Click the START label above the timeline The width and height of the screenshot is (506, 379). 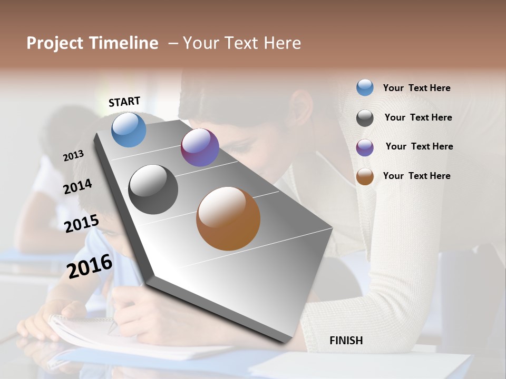[x=124, y=102]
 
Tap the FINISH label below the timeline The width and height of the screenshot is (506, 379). [x=346, y=341]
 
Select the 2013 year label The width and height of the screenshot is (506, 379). [x=73, y=156]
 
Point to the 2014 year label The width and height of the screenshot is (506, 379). [x=77, y=187]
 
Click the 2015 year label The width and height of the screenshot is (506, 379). [x=81, y=224]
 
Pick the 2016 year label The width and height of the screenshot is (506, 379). [x=90, y=266]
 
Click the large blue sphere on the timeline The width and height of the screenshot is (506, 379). [x=129, y=130]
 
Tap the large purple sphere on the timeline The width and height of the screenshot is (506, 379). [x=200, y=147]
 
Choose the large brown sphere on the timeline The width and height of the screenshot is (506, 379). [x=228, y=218]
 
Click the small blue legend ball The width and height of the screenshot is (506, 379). [x=365, y=87]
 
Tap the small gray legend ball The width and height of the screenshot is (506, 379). [x=365, y=118]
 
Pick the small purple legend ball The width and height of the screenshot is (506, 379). [x=365, y=147]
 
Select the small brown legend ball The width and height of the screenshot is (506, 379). [x=365, y=177]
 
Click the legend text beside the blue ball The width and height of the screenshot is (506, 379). [x=416, y=88]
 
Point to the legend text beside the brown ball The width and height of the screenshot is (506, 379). [x=416, y=176]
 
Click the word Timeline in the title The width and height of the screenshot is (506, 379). [x=124, y=43]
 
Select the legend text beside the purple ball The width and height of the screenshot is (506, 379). [x=419, y=146]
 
